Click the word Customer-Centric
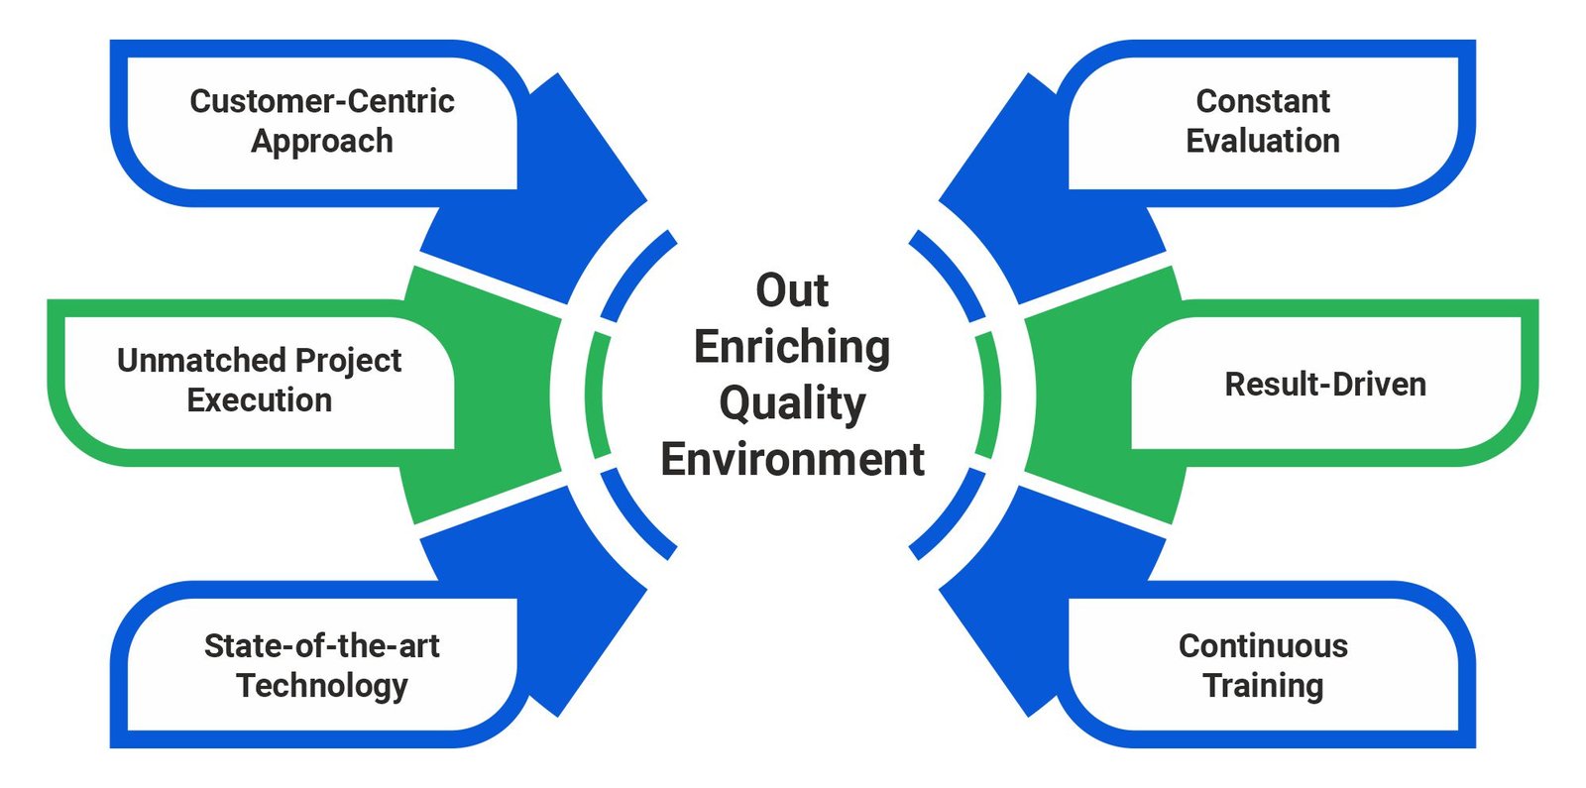click(x=322, y=101)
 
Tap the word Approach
click(x=322, y=142)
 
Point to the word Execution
click(x=260, y=400)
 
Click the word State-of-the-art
click(x=322, y=645)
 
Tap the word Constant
click(x=1263, y=101)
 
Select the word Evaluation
click(x=1263, y=141)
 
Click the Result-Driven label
click(x=1325, y=385)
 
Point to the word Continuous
click(x=1263, y=645)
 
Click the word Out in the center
click(x=792, y=290)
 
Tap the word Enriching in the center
click(x=792, y=348)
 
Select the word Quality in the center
click(x=792, y=404)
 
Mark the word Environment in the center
click(x=792, y=460)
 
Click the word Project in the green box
click(x=348, y=362)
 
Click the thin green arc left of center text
click(x=594, y=394)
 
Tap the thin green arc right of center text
click(x=991, y=394)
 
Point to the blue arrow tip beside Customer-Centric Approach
click(x=645, y=201)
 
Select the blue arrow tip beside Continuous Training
click(x=940, y=589)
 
